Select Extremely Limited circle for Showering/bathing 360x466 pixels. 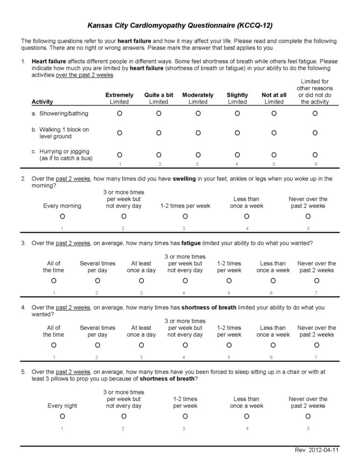pyautogui.click(x=119, y=113)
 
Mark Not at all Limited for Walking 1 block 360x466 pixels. pyautogui.click(x=274, y=133)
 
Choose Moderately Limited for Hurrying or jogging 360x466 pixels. pyautogui.click(x=198, y=155)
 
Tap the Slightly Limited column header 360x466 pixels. pyautogui.click(x=237, y=98)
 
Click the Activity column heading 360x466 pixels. pyautogui.click(x=42, y=102)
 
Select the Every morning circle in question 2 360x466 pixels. pyautogui.click(x=62, y=216)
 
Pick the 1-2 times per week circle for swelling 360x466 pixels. pyautogui.click(x=185, y=216)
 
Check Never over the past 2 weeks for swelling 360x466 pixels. pyautogui.click(x=308, y=216)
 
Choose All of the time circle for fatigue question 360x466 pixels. pyautogui.click(x=54, y=281)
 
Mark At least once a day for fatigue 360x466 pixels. pyautogui.click(x=141, y=281)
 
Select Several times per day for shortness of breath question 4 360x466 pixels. pyautogui.click(x=97, y=345)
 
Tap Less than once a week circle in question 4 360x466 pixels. pyautogui.click(x=273, y=345)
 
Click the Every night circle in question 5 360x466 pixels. pyautogui.click(x=62, y=416)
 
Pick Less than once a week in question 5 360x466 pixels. pyautogui.click(x=247, y=416)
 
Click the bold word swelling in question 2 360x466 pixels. pyautogui.click(x=184, y=179)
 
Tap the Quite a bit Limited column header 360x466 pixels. pyautogui.click(x=159, y=98)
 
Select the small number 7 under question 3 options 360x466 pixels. pyautogui.click(x=317, y=293)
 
